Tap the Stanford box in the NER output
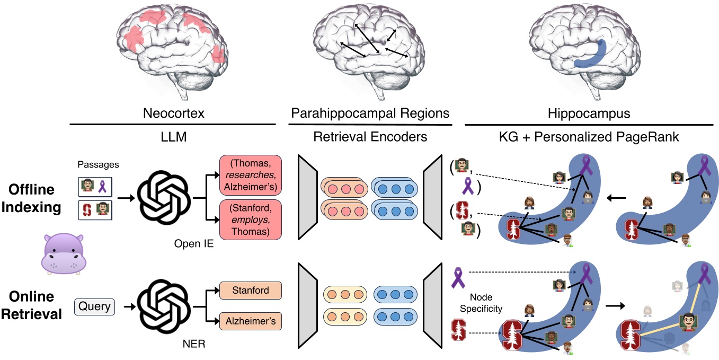[x=250, y=291]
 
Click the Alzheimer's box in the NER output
[x=250, y=321]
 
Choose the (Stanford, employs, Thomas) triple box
[x=250, y=219]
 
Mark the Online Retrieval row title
[x=31, y=306]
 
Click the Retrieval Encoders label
[x=370, y=137]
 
